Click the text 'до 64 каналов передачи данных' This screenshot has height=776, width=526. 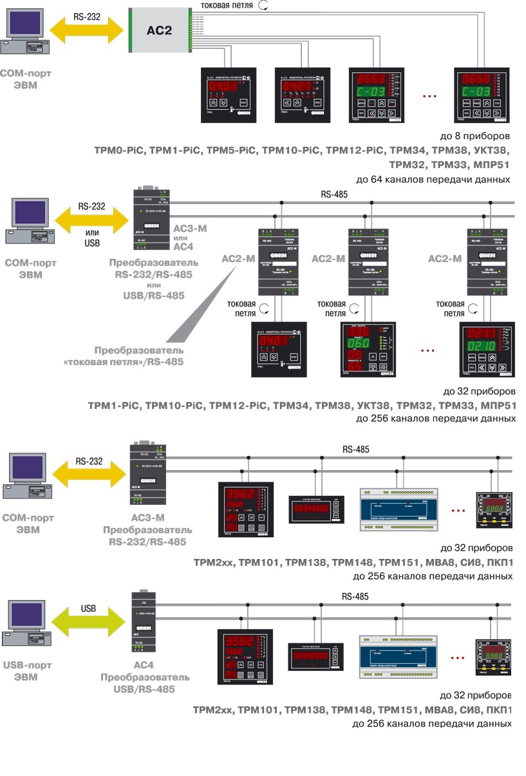point(433,179)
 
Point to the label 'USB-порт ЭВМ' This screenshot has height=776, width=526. point(29,672)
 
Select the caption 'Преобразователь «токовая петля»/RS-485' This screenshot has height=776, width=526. point(138,356)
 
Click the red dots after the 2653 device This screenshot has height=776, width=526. point(429,97)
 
